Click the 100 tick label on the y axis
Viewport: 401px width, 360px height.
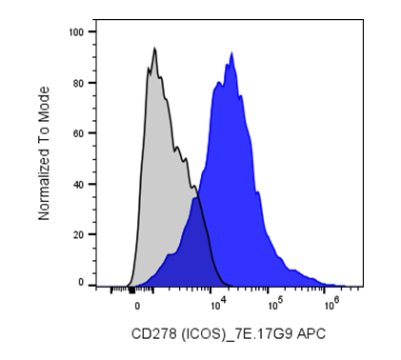76,32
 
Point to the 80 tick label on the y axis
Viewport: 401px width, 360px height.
79,83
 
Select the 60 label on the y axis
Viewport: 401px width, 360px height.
79,133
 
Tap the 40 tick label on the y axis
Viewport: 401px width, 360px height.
79,184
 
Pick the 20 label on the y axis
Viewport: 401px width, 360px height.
79,234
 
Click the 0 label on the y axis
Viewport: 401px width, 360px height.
81,282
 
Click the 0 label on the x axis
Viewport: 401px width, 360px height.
137,306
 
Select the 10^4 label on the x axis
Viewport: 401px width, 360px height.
219,304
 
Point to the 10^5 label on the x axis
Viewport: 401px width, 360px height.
275,304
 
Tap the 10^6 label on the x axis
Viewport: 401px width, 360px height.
332,304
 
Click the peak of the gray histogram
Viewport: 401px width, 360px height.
154,48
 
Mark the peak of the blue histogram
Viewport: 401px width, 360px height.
232,52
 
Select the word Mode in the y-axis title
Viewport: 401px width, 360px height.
44,102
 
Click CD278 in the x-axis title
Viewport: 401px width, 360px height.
153,334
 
